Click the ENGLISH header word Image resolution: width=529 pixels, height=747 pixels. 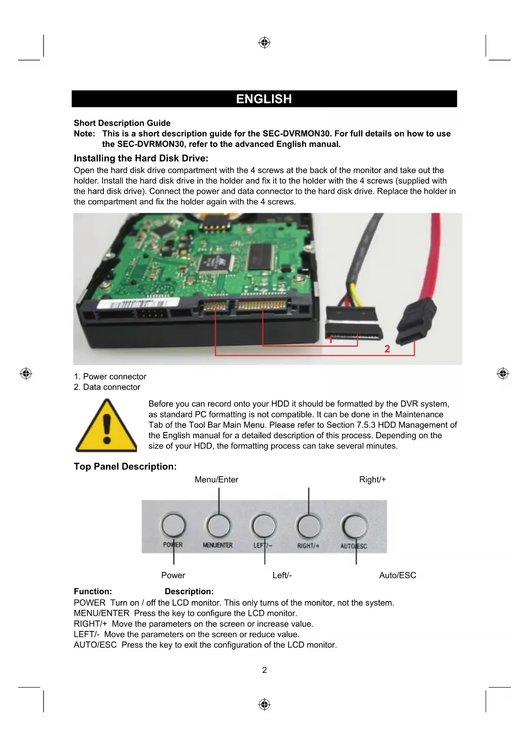(264, 99)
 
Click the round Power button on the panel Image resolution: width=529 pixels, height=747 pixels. (173, 526)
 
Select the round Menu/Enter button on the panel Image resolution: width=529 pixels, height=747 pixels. (218, 526)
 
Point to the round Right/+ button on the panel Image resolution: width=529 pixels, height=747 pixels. (309, 526)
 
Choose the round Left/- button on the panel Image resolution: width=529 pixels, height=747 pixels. (264, 526)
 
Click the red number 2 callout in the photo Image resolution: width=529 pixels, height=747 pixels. (387, 349)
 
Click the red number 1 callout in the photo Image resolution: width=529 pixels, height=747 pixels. (330, 339)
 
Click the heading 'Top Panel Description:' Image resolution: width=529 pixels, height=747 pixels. (125, 466)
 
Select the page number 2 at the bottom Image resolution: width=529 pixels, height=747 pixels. (264, 670)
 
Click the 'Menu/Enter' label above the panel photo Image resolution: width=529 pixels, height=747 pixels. (216, 480)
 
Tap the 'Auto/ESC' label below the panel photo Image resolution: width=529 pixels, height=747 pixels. (397, 575)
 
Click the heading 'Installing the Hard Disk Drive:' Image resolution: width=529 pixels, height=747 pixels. (141, 158)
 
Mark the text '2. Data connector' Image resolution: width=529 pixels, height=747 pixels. (107, 387)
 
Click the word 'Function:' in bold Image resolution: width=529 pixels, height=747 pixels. (93, 592)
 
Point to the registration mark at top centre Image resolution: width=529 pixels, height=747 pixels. (264, 43)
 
